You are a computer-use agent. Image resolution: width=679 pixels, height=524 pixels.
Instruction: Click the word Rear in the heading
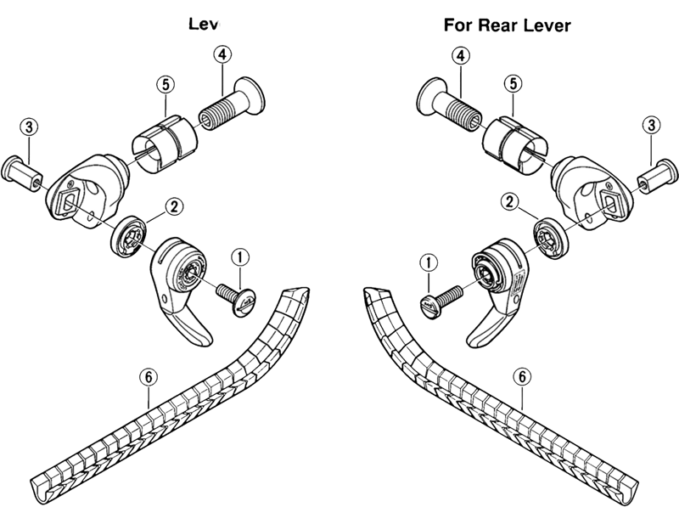tap(507, 25)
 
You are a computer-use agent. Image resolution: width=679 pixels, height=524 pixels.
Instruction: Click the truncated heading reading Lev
tap(205, 25)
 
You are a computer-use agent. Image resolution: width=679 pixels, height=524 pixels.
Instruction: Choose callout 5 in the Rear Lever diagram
tap(513, 83)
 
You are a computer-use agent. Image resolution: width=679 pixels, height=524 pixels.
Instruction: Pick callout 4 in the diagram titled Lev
tap(222, 55)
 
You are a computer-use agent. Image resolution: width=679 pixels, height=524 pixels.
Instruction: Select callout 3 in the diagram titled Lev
tap(29, 127)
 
